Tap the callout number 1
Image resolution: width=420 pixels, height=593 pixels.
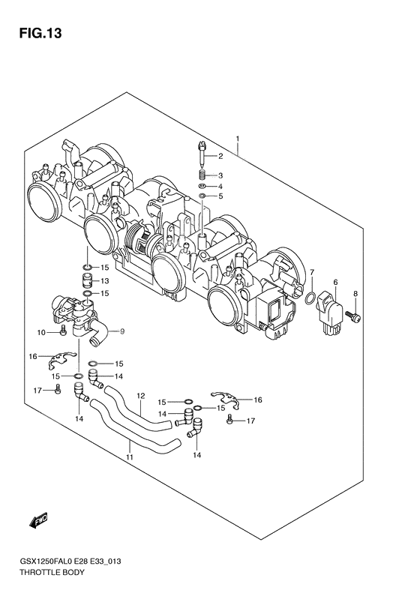(237, 139)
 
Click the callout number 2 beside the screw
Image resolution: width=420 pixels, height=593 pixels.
(220, 157)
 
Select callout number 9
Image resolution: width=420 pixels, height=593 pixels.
(123, 331)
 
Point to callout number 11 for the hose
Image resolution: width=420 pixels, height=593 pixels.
(129, 457)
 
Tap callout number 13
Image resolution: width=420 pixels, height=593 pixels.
(105, 280)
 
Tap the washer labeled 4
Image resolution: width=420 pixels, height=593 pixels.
(202, 186)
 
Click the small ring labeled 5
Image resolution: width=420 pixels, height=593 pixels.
(202, 196)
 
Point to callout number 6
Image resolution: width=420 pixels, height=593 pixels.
(335, 282)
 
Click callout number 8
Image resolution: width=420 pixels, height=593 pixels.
(356, 294)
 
